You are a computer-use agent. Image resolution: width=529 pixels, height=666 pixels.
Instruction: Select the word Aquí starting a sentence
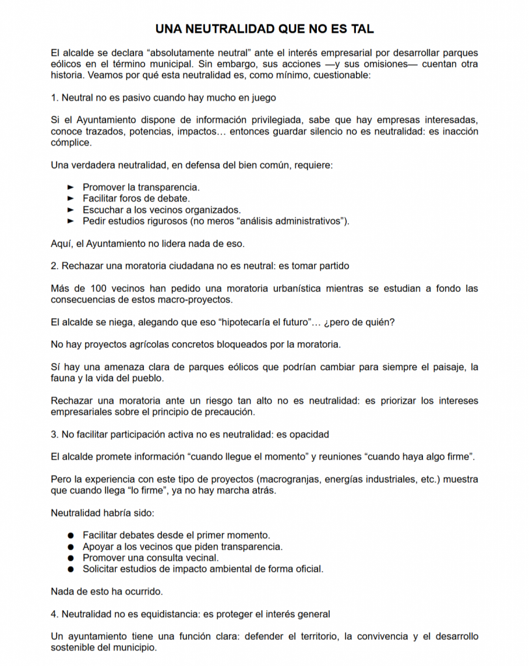(x=61, y=244)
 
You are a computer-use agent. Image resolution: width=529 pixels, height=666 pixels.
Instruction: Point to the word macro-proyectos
(x=199, y=300)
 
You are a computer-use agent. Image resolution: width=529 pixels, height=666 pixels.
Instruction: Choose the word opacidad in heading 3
(x=305, y=434)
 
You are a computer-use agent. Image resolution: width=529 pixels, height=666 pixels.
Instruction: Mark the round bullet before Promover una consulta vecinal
(x=71, y=558)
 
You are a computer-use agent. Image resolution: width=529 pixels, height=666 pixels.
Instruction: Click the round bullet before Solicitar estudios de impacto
(x=71, y=569)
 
